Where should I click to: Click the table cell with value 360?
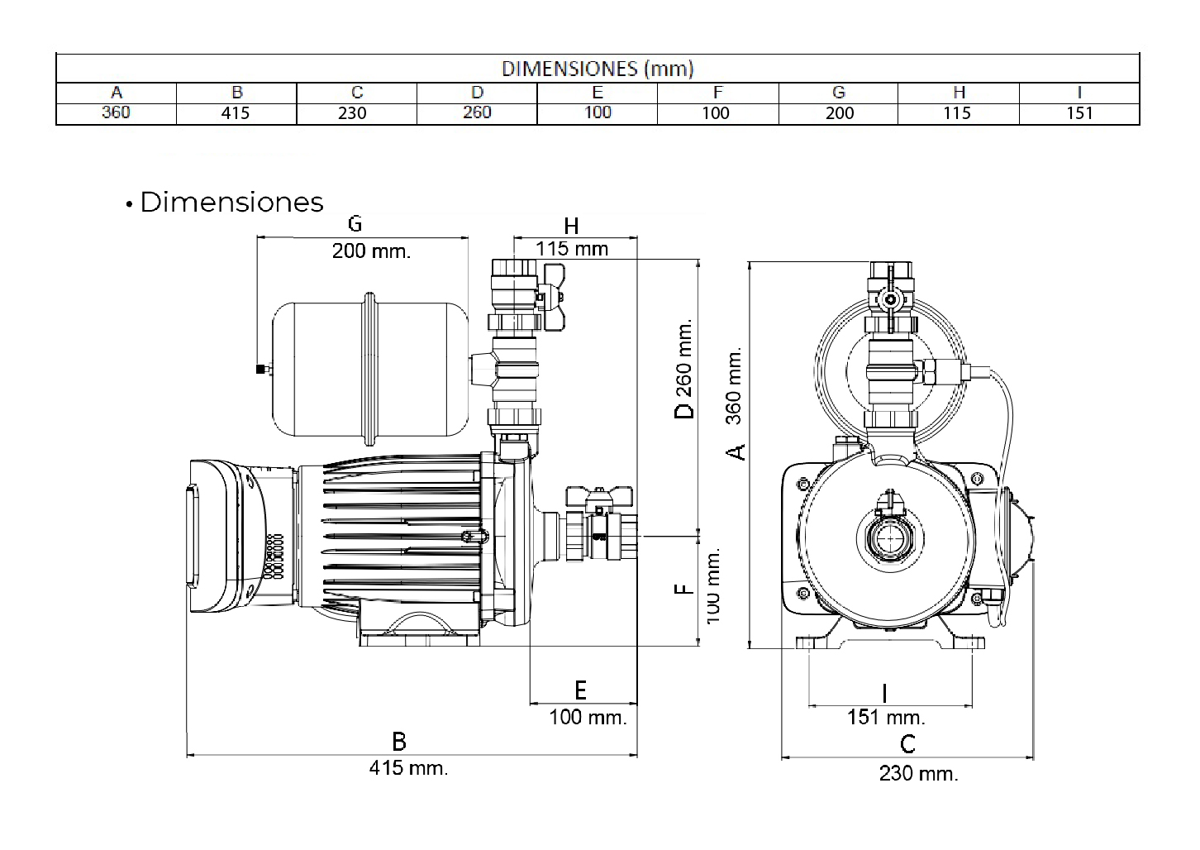point(116,112)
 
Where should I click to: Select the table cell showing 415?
point(236,113)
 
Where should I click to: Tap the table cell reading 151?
point(1079,113)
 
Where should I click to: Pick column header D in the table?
point(477,93)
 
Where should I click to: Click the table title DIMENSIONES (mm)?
point(597,69)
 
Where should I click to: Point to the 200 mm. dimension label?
point(371,251)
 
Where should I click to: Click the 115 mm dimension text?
point(571,249)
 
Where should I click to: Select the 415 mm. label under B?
point(408,768)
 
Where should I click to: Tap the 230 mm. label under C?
point(918,774)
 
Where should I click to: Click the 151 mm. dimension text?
point(886,717)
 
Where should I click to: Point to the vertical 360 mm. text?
point(734,385)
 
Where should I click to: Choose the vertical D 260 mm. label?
point(685,369)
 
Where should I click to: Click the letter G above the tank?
point(355,223)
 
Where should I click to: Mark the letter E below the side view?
point(580,690)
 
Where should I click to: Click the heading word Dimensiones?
point(231,203)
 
